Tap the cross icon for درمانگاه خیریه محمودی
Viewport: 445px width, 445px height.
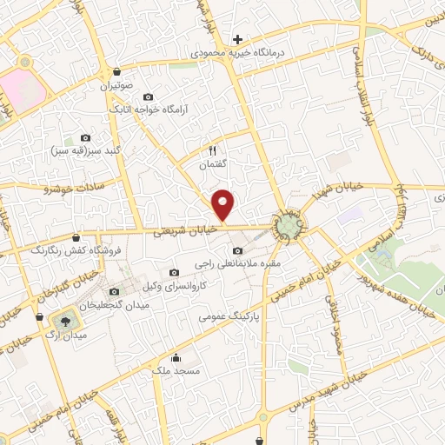click(x=237, y=39)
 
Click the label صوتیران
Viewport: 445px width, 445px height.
click(x=116, y=87)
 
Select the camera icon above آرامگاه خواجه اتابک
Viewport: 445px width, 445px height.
click(x=148, y=96)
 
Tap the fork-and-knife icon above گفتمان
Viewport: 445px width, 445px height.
click(x=211, y=149)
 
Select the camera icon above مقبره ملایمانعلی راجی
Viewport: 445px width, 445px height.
click(x=238, y=251)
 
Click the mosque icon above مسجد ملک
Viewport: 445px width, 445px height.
click(x=176, y=357)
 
